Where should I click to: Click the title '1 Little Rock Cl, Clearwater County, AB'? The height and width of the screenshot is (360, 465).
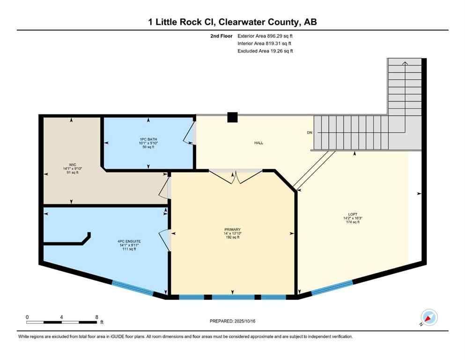[x=233, y=22]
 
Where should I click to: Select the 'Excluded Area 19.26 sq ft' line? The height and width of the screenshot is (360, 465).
[x=265, y=51]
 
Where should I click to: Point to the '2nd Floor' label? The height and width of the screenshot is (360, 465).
[x=222, y=36]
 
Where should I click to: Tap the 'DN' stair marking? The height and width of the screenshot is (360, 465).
[x=309, y=133]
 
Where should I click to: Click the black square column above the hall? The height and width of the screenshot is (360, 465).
[x=232, y=117]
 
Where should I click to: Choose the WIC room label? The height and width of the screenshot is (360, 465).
[x=72, y=168]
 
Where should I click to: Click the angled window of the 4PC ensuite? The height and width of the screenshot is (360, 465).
[x=133, y=287]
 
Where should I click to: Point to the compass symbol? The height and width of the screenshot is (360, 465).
[x=429, y=317]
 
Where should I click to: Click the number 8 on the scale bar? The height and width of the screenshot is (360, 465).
[x=96, y=317]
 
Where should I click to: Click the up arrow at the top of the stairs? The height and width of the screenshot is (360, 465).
[x=405, y=62]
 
